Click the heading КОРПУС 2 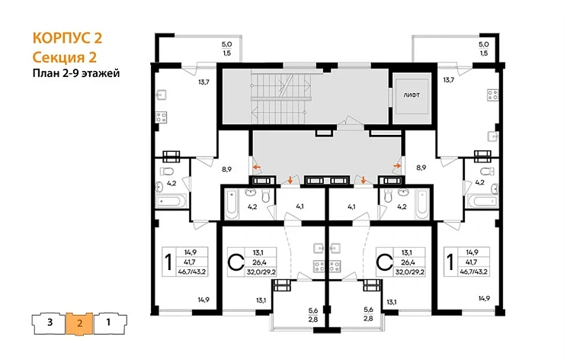coord(67,38)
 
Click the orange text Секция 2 coord(65,57)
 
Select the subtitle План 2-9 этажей coord(76,73)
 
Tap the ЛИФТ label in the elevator coord(412,95)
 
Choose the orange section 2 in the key coord(79,323)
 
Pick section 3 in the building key coord(50,322)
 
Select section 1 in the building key coord(109,322)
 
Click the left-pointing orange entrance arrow coord(257,167)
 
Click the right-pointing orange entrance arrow coord(397,166)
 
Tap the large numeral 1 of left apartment coord(168,262)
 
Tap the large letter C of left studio coord(236,262)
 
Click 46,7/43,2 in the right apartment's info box coord(474,272)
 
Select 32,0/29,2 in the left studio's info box coord(261,272)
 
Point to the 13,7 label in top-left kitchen coord(203,82)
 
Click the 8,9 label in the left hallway coord(226,169)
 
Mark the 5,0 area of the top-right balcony coord(483,45)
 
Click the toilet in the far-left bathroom coord(167,170)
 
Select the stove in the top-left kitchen coord(161,117)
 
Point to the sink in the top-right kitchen coord(493,136)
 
